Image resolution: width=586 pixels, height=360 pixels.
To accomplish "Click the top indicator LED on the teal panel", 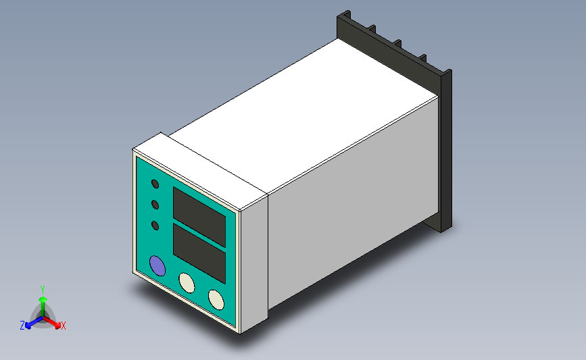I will click(x=155, y=184).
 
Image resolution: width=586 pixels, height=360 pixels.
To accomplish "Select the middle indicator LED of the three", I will click(x=155, y=204).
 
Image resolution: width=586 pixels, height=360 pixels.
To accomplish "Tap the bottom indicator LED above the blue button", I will click(x=155, y=226).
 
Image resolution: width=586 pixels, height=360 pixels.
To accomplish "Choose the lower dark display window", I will click(x=199, y=253).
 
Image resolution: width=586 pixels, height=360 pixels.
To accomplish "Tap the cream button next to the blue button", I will click(x=186, y=282).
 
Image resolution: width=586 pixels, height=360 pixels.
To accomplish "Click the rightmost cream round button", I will click(x=216, y=299).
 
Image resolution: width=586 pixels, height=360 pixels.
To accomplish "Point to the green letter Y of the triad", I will click(x=42, y=288).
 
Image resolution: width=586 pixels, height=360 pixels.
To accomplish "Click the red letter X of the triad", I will click(x=64, y=326).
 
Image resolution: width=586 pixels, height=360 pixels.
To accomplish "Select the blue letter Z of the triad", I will click(x=22, y=326).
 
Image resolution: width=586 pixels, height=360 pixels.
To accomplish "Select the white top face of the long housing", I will click(x=304, y=115).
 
